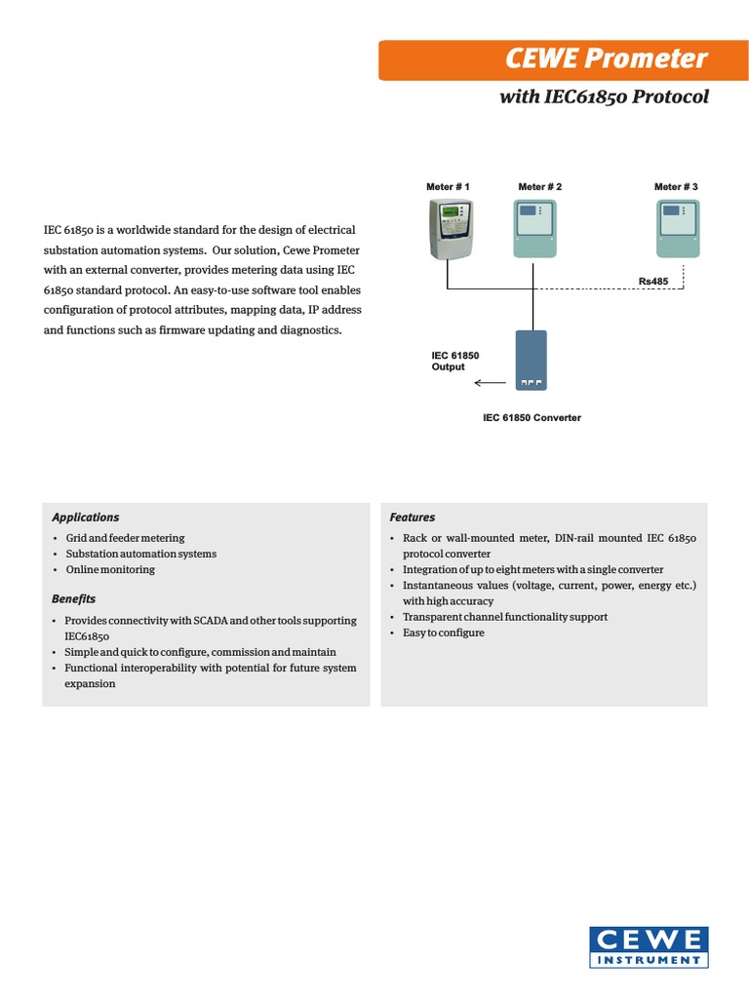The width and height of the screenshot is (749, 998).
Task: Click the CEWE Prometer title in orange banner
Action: (x=607, y=59)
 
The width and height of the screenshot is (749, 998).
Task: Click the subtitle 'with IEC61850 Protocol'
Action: (x=604, y=96)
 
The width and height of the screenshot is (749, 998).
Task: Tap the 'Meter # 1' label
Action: (x=449, y=186)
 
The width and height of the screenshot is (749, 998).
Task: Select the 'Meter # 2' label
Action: (x=540, y=186)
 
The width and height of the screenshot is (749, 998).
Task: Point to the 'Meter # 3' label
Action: (x=676, y=186)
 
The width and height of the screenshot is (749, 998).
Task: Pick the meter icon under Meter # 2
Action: (x=533, y=229)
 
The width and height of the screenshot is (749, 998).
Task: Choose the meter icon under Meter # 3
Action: (x=678, y=229)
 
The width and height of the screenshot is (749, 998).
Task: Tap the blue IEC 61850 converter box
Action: (x=532, y=360)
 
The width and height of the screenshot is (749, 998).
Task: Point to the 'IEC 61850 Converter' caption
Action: (x=532, y=417)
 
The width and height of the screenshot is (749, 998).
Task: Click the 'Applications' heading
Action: (x=86, y=518)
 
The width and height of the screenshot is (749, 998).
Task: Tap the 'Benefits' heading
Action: (x=74, y=597)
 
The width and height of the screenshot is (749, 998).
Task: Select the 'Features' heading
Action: (x=413, y=518)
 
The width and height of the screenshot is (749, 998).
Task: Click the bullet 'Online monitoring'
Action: (x=110, y=569)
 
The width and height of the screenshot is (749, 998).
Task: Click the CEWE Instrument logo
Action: (x=649, y=947)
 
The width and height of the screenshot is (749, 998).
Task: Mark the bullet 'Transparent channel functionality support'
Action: (x=505, y=617)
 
